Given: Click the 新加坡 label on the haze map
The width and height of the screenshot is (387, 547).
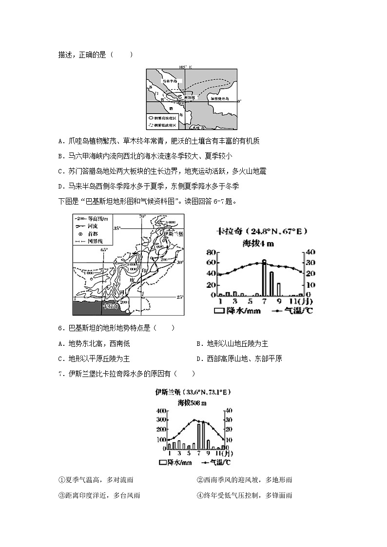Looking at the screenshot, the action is point(191,97).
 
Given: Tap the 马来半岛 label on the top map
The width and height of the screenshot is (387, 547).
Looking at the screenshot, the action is point(170,81).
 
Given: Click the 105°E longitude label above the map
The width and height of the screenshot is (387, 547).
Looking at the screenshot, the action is point(186,67).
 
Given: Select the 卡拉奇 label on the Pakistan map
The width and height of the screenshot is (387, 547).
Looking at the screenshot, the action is point(110,306).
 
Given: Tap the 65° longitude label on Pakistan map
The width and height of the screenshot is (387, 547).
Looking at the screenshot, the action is point(104,250).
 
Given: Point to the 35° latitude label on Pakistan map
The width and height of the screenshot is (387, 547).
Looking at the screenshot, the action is point(117,227).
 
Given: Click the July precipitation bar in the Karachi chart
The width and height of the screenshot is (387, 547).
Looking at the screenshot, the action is point(264,278).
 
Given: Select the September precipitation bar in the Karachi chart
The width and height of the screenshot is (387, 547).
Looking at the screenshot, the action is point(279,290).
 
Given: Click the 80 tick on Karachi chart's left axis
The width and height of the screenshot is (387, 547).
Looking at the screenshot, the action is point(211,252).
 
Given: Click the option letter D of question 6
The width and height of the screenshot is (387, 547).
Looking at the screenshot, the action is point(199,358).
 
